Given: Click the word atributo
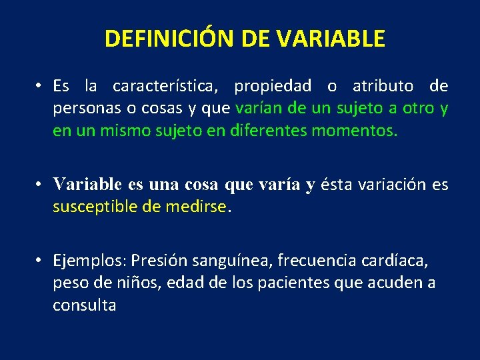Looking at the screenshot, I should [383, 86].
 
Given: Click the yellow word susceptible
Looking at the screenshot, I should [95, 207].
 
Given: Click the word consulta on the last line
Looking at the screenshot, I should [85, 305].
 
